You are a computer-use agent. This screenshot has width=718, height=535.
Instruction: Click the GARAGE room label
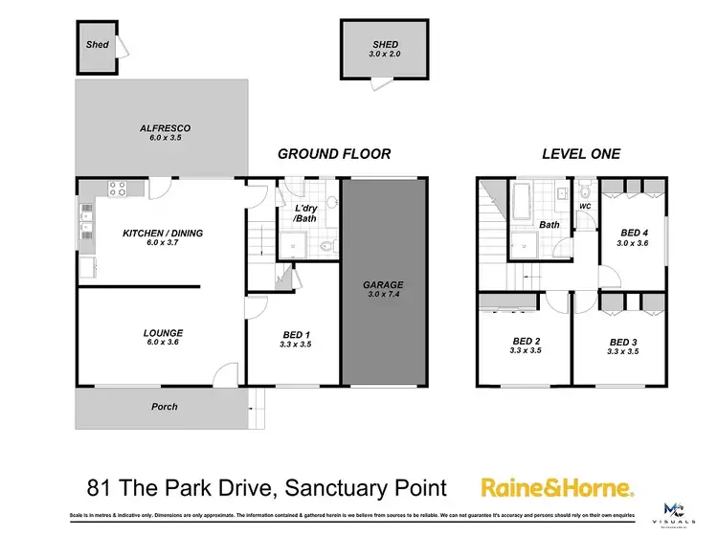tap(382, 284)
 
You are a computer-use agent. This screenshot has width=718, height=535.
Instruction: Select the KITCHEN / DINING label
tap(162, 233)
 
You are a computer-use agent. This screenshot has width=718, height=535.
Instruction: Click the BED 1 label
tap(294, 334)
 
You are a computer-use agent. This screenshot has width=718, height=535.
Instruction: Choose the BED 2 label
tap(527, 341)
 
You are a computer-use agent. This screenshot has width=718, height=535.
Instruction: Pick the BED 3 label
tap(622, 342)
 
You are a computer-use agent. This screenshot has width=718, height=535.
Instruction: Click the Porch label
tap(165, 407)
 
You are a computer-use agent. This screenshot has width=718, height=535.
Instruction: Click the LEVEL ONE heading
tap(580, 153)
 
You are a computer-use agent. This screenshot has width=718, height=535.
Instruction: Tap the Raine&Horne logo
tap(555, 488)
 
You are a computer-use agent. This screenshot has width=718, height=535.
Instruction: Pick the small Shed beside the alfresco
tap(97, 44)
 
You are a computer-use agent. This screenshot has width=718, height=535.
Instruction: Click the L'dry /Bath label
tap(305, 212)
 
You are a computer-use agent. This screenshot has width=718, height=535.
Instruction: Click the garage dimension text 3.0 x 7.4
tap(382, 294)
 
